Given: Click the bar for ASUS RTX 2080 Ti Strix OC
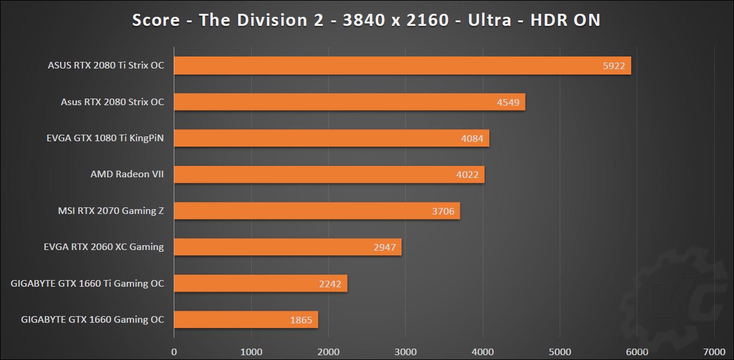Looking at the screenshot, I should (x=402, y=66).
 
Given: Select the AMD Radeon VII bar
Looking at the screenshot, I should (x=329, y=175).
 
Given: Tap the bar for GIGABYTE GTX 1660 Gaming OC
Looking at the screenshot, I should (x=246, y=320).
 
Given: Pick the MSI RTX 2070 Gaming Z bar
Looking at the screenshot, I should (x=317, y=211).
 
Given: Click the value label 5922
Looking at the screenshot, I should (x=615, y=66).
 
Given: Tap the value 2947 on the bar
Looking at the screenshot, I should (x=385, y=248).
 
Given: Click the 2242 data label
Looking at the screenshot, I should (x=331, y=284).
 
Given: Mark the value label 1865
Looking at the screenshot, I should (x=301, y=320).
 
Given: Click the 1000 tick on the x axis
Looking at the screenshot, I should (x=251, y=350).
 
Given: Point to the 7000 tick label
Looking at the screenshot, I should (x=714, y=350).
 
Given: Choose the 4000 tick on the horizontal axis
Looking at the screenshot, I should (x=483, y=350).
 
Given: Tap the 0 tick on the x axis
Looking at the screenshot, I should (x=174, y=350).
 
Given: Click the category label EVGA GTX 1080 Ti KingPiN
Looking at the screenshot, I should (x=105, y=139).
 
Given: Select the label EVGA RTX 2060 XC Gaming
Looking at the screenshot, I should (x=104, y=247).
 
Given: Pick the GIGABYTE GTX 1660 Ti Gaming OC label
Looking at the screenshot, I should (x=87, y=284).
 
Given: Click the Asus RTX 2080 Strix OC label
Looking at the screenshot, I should (x=112, y=102).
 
